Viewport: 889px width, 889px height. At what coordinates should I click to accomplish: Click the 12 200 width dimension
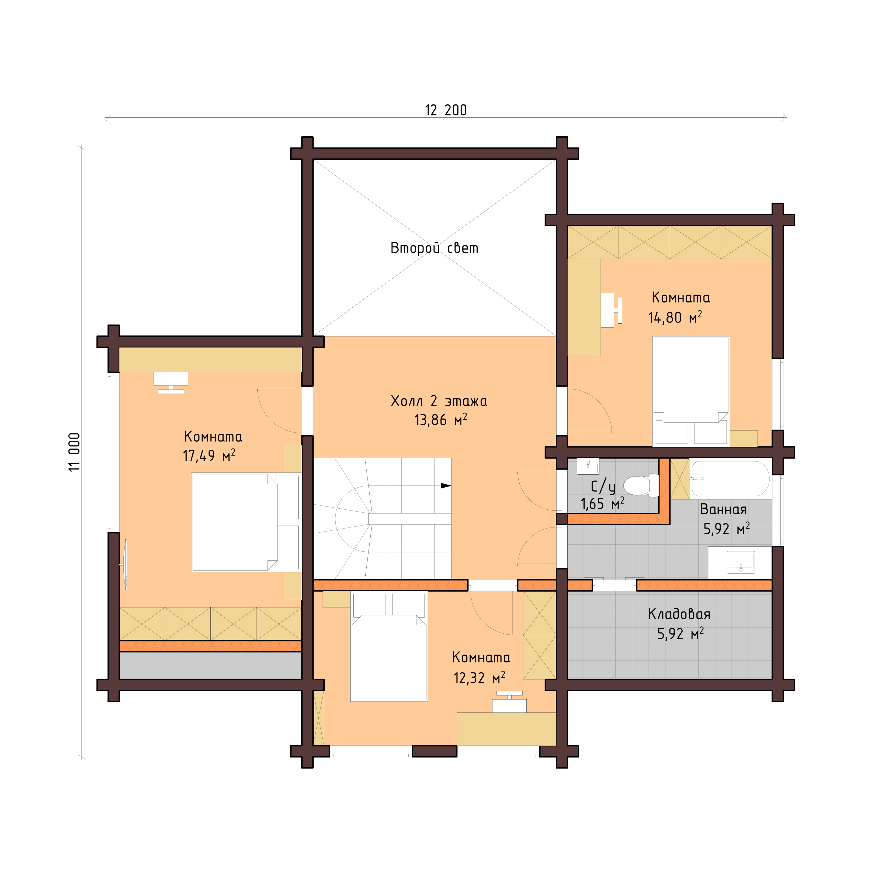tap(445, 110)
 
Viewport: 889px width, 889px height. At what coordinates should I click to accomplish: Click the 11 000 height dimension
tap(75, 452)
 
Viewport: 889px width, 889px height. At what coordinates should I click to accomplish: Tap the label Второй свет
tap(434, 248)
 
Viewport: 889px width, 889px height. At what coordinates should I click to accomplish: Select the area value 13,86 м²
tap(440, 420)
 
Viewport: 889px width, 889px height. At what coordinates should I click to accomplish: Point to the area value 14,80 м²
tap(675, 318)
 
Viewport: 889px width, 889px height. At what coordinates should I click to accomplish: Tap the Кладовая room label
tap(679, 614)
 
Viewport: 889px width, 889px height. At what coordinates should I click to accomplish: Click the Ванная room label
tap(723, 509)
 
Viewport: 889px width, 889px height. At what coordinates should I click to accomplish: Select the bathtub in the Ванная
tap(730, 478)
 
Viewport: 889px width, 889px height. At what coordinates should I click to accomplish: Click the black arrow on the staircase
tap(445, 485)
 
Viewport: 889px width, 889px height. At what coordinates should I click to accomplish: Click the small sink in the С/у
tap(588, 466)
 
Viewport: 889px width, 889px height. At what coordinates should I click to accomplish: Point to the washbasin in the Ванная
tap(740, 562)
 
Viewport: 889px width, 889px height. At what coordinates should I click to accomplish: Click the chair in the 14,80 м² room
tap(619, 310)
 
